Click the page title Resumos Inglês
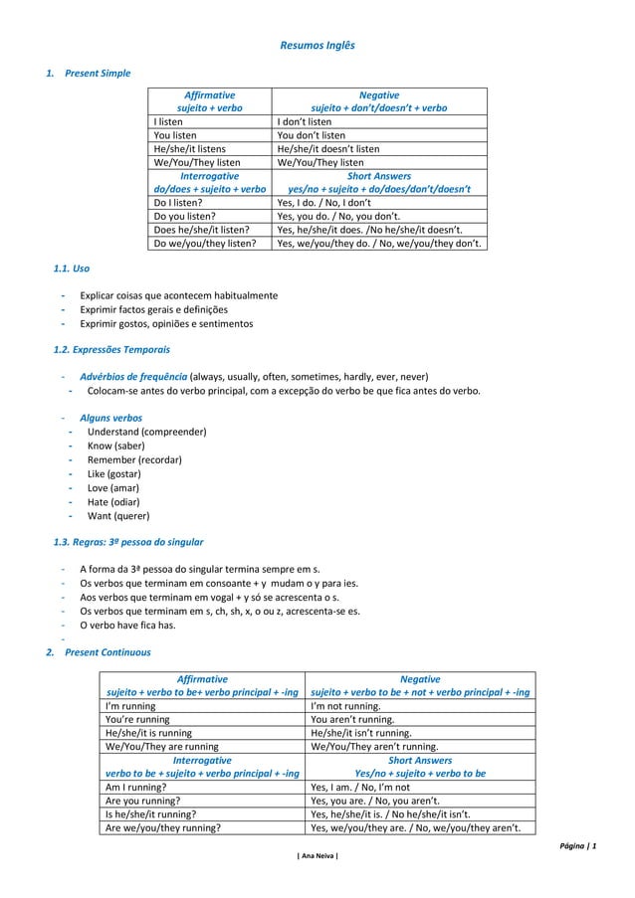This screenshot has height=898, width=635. point(317,46)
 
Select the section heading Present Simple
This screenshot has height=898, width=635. point(97,73)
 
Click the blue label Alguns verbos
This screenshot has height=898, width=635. point(110,419)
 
